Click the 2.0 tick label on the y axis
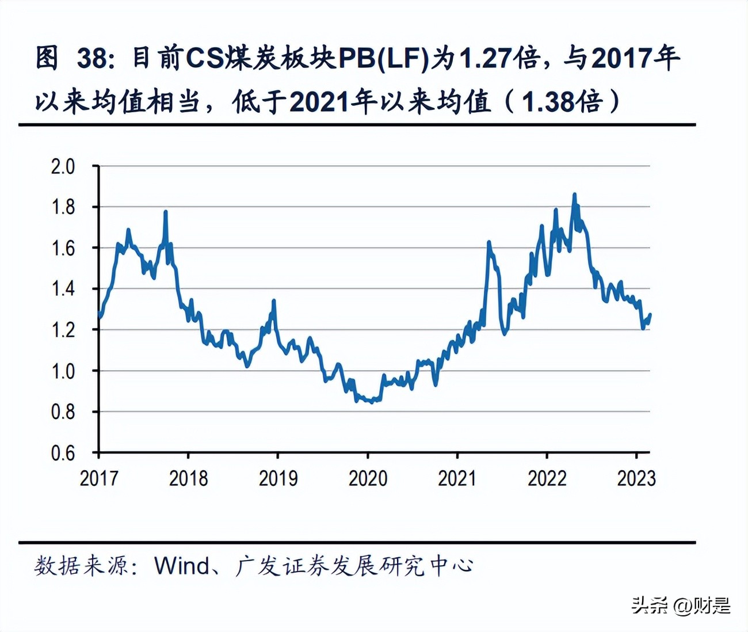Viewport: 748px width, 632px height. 63,166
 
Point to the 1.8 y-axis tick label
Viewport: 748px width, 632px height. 63,207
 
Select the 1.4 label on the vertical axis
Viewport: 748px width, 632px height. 63,289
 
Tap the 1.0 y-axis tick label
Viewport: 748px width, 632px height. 63,371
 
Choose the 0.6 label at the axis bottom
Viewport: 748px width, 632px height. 63,454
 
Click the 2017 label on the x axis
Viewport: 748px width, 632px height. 98,478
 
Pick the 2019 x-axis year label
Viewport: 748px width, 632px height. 278,478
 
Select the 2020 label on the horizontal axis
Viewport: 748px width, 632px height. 368,478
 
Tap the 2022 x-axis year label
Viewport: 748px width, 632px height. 547,478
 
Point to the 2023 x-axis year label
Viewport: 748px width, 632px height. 636,478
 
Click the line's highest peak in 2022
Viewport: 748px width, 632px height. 574,195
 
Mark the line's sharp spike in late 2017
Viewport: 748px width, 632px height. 166,212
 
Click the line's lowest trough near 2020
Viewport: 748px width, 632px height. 371,402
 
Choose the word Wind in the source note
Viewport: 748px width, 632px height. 182,566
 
